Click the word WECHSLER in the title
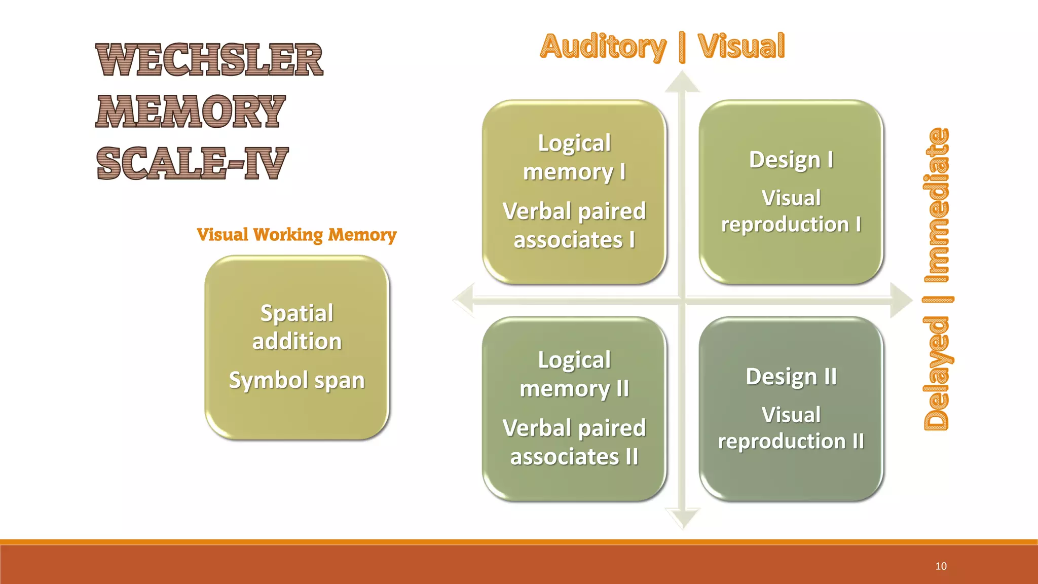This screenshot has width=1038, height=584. click(209, 60)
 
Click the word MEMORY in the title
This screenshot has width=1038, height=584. click(191, 112)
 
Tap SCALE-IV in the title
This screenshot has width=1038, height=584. click(192, 163)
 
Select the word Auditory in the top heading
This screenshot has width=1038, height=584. click(603, 47)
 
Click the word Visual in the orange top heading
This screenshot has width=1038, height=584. click(741, 47)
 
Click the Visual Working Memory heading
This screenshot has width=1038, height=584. click(296, 235)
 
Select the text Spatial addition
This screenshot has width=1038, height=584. click(297, 327)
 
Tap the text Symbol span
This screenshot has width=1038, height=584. click(297, 380)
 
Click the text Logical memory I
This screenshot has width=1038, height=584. click(574, 157)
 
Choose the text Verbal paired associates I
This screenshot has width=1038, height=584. click(574, 226)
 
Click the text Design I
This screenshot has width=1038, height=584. click(791, 160)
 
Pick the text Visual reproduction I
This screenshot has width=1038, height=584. click(791, 211)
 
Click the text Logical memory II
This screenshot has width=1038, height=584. click(574, 374)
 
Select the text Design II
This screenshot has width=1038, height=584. click(791, 377)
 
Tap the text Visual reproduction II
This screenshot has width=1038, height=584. click(791, 428)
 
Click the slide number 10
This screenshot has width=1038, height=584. click(941, 566)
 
